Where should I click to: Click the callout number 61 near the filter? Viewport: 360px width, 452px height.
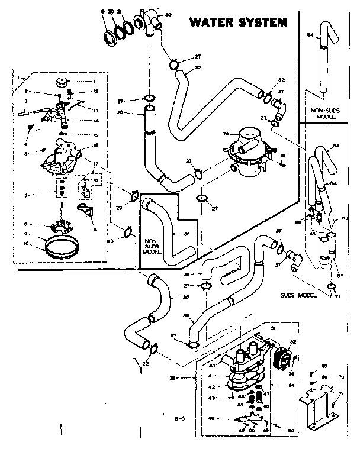(x=284, y=155)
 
